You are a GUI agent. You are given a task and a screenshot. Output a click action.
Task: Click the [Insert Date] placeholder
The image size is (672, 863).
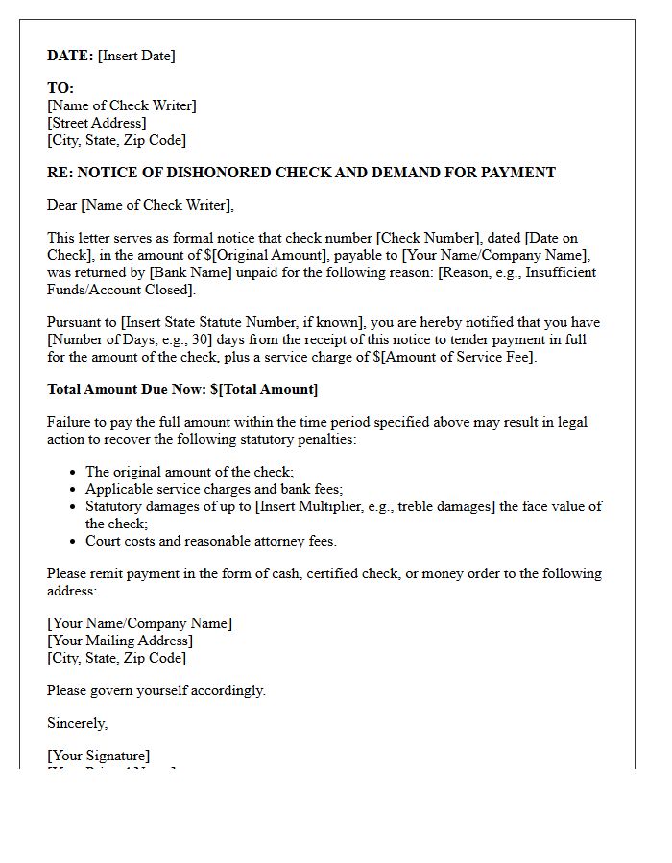[136, 56]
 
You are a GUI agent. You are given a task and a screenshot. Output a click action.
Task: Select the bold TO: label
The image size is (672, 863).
[60, 88]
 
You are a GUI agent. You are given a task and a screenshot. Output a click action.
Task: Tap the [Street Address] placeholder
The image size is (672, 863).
[97, 123]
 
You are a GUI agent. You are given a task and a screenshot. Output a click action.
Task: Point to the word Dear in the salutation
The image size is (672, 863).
[61, 205]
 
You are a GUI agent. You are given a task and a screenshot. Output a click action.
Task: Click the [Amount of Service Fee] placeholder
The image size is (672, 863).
[455, 357]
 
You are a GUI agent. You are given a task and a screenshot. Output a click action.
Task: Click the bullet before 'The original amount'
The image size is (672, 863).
[74, 473]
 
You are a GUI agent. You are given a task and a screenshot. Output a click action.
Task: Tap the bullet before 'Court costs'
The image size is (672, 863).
[74, 542]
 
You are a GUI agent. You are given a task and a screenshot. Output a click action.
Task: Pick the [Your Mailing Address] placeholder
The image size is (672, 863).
[120, 641]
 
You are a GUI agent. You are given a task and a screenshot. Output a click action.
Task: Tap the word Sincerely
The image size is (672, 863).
[77, 723]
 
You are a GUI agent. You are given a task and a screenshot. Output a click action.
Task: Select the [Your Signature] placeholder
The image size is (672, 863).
[98, 756]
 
